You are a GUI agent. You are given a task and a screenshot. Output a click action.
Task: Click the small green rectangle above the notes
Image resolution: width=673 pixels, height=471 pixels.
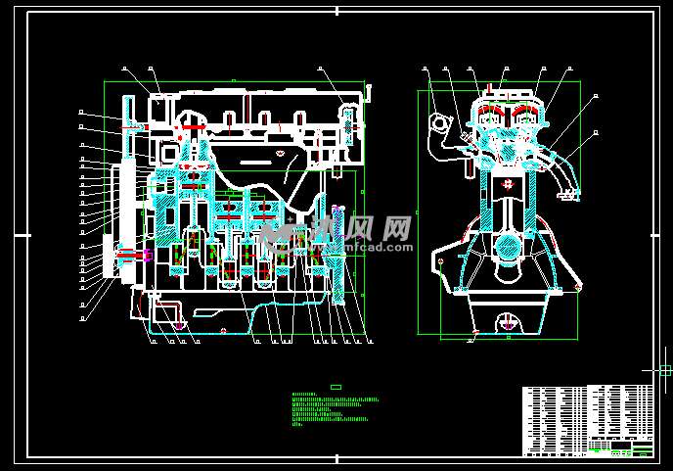tap(336, 387)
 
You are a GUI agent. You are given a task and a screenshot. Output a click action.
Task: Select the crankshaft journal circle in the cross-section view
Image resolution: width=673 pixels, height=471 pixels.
tap(507, 245)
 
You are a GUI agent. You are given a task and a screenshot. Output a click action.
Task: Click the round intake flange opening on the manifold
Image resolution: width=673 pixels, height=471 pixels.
tap(438, 124)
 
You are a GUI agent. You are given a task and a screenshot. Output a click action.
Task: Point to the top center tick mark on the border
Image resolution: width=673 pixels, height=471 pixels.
tap(336, 11)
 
